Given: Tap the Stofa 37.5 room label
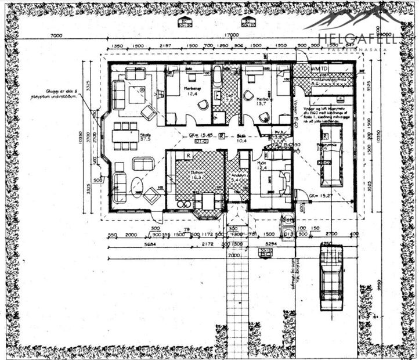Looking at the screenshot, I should pos(145,137).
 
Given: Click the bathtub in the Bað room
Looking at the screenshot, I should pos(218,77).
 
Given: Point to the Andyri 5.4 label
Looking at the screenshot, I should pos(236,178).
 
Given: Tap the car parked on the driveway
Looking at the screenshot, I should pos(331,272).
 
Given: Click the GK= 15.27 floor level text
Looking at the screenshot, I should pos(320,196).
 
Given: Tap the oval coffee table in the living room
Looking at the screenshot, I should pos(137,186).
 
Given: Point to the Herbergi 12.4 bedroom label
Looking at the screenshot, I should pos(192,91).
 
